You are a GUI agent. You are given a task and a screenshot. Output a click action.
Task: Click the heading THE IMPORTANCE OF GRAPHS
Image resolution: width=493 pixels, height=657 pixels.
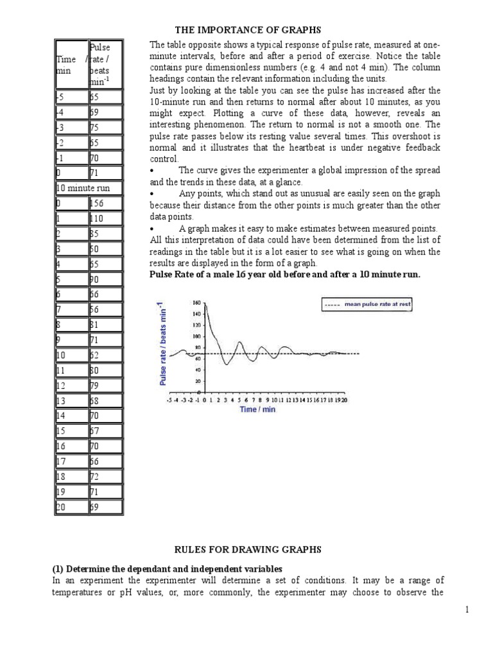tap(248, 30)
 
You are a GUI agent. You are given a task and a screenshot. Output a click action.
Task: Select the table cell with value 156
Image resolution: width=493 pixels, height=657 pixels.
tap(105, 203)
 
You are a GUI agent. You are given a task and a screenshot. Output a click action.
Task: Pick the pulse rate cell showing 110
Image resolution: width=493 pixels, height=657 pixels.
tap(105, 218)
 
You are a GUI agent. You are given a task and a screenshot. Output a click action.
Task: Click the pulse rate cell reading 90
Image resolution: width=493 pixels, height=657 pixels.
tap(105, 279)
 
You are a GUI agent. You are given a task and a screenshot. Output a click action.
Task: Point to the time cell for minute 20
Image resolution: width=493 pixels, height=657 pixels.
tap(71, 507)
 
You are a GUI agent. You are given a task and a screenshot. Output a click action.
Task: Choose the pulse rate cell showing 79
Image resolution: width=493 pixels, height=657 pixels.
tap(105, 385)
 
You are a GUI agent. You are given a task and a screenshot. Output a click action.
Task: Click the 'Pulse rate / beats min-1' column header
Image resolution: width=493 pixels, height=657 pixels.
tap(105, 64)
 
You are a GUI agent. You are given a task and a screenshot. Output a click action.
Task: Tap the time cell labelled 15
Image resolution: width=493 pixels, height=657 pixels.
tap(71, 431)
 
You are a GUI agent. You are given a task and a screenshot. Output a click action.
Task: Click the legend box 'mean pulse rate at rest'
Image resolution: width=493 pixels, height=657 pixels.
tap(367, 305)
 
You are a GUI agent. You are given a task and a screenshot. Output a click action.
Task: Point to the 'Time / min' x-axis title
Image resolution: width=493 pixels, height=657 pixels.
tap(257, 409)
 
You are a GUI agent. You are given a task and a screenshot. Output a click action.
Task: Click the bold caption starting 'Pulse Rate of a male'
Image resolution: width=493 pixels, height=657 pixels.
tap(285, 274)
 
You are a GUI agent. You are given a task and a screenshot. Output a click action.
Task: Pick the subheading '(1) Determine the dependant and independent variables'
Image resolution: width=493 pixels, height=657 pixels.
tap(166, 568)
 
